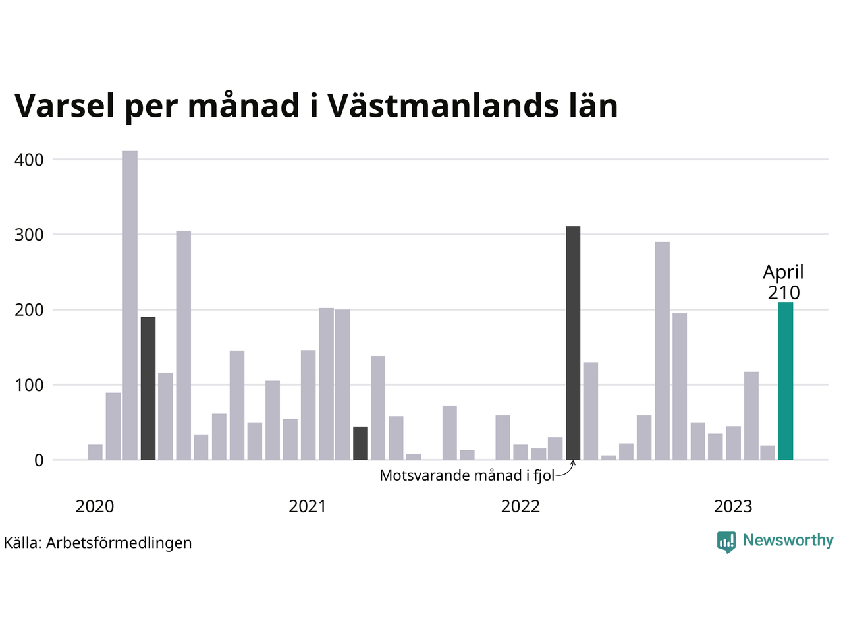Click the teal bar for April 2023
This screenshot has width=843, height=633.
click(785, 381)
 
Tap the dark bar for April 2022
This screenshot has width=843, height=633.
click(573, 343)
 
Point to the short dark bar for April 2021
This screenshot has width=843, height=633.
click(360, 443)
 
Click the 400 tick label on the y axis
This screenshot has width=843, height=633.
click(29, 160)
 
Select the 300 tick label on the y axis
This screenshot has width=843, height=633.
click(29, 235)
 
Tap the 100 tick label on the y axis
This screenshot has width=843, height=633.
click(29, 384)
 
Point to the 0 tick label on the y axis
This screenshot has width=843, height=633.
click(39, 460)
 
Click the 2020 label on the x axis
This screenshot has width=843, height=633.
click(95, 506)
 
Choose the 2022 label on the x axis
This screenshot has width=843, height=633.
click(520, 506)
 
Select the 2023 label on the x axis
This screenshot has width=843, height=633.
click(733, 506)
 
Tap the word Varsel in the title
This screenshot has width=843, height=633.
click(65, 105)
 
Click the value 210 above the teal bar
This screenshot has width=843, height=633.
click(784, 293)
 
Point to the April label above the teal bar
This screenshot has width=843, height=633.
click(784, 272)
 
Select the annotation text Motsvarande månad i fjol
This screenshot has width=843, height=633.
click(467, 475)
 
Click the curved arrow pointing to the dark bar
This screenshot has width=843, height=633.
click(566, 469)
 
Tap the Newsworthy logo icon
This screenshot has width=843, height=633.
click(726, 541)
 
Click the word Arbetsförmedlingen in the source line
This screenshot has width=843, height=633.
click(119, 543)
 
